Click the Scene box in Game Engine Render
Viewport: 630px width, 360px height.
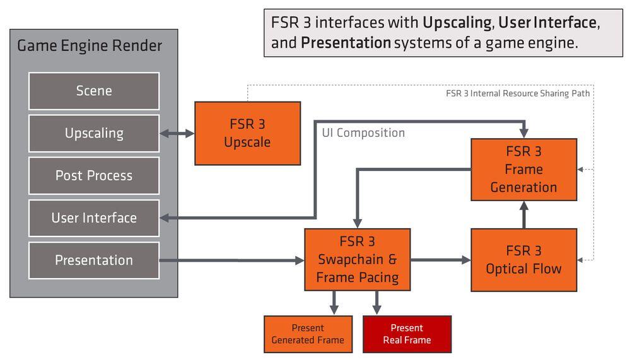click(x=94, y=91)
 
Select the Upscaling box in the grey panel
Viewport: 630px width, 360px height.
click(x=94, y=133)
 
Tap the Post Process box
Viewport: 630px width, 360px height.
click(x=94, y=175)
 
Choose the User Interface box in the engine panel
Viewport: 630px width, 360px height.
click(x=94, y=218)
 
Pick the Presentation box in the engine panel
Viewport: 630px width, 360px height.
click(x=94, y=260)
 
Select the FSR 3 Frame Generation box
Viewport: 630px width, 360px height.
click(x=523, y=169)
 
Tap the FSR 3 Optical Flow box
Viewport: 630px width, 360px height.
click(x=523, y=260)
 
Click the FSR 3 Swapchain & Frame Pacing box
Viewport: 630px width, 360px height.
click(x=357, y=259)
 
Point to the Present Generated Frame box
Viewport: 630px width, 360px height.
click(x=308, y=334)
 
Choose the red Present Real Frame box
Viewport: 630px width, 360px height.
click(x=407, y=334)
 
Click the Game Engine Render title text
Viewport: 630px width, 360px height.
click(x=89, y=46)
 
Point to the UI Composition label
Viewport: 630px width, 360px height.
click(x=363, y=133)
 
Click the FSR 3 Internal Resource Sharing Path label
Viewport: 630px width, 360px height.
click(x=517, y=94)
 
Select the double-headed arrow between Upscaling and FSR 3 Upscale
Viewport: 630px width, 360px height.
click(x=177, y=133)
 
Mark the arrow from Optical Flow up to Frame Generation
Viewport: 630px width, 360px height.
click(x=523, y=214)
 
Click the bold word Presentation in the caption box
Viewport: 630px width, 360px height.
click(x=346, y=44)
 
